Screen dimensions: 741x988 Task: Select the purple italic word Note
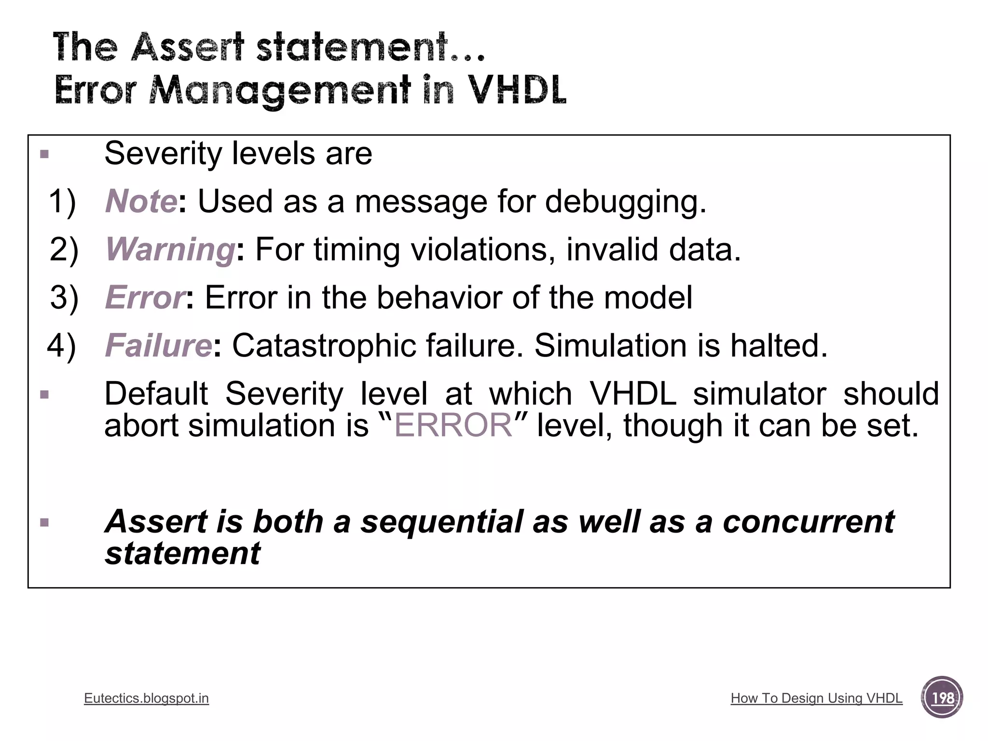tap(141, 201)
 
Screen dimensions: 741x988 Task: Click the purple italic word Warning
tap(170, 249)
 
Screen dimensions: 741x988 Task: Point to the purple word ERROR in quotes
tap(453, 425)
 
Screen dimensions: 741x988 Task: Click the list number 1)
tap(62, 202)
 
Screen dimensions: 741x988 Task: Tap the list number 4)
tap(61, 346)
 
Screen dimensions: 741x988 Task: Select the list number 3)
tap(64, 298)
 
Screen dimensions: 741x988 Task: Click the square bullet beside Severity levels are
tap(44, 154)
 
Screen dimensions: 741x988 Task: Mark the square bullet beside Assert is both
tap(44, 522)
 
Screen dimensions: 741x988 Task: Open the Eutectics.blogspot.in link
tap(146, 698)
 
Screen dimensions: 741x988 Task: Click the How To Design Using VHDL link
tap(816, 698)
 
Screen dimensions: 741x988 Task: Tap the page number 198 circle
tap(942, 698)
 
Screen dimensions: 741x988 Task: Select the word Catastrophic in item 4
tap(324, 345)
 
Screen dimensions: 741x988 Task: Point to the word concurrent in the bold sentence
tap(809, 522)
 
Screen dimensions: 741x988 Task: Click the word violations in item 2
tap(482, 249)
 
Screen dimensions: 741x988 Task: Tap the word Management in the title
tap(280, 90)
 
